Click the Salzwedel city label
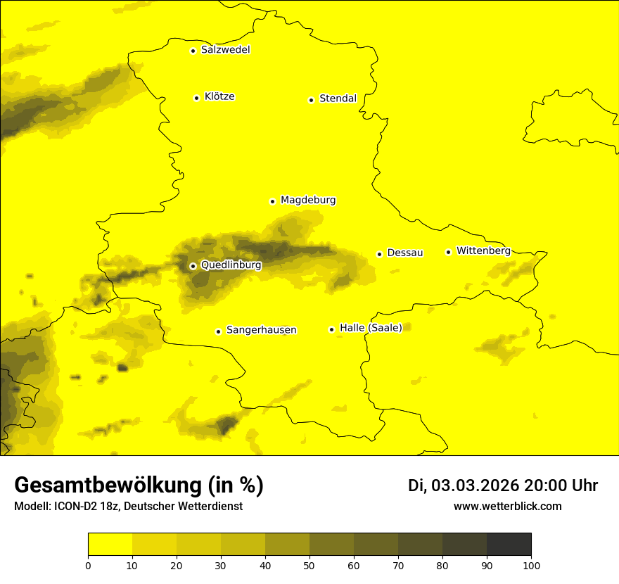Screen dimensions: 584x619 pos(225,50)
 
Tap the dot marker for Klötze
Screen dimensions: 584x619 pos(196,98)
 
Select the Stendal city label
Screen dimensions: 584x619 pos(338,99)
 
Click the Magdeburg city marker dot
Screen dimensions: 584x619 pos(272,201)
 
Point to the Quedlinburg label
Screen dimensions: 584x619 pos(231,265)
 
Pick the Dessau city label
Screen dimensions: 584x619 pos(404,253)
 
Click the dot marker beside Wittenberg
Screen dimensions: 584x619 pos(448,252)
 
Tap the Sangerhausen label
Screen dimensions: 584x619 pos(261,330)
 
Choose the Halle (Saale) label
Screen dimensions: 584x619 pos(371,328)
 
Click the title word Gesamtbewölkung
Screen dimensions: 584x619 pos(106,485)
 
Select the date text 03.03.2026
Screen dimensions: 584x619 pos(475,485)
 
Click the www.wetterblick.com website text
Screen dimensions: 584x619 pos(507,506)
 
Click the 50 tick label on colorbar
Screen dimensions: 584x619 pos(309,565)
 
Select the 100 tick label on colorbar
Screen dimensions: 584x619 pos(531,565)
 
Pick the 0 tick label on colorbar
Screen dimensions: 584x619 pos(88,565)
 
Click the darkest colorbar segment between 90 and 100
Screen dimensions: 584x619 pos(509,545)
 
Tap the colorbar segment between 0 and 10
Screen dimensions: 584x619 pos(110,545)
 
